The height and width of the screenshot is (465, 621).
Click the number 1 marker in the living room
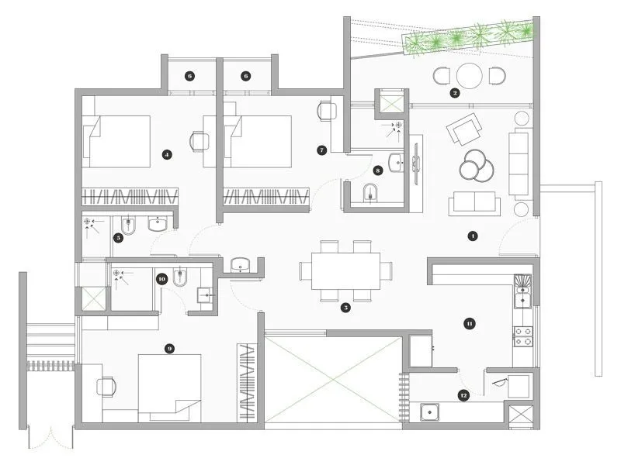pyautogui.click(x=471, y=235)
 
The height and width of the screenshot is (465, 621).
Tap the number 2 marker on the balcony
pyautogui.click(x=456, y=93)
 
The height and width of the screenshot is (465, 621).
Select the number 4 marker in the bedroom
pyautogui.click(x=166, y=154)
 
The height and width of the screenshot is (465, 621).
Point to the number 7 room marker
pyautogui.click(x=321, y=149)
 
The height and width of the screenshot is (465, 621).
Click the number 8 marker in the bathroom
pyautogui.click(x=378, y=169)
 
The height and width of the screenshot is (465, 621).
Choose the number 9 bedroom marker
pyautogui.click(x=169, y=349)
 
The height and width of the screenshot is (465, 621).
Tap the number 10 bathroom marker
pyautogui.click(x=161, y=278)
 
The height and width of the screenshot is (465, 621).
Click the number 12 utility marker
pyautogui.click(x=463, y=395)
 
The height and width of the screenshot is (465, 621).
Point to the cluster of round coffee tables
pyautogui.click(x=474, y=165)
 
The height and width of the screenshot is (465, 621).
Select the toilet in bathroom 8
pyautogui.click(x=368, y=193)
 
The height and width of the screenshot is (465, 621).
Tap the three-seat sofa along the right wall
pyautogui.click(x=519, y=163)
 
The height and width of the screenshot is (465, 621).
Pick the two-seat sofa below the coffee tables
pyautogui.click(x=474, y=205)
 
